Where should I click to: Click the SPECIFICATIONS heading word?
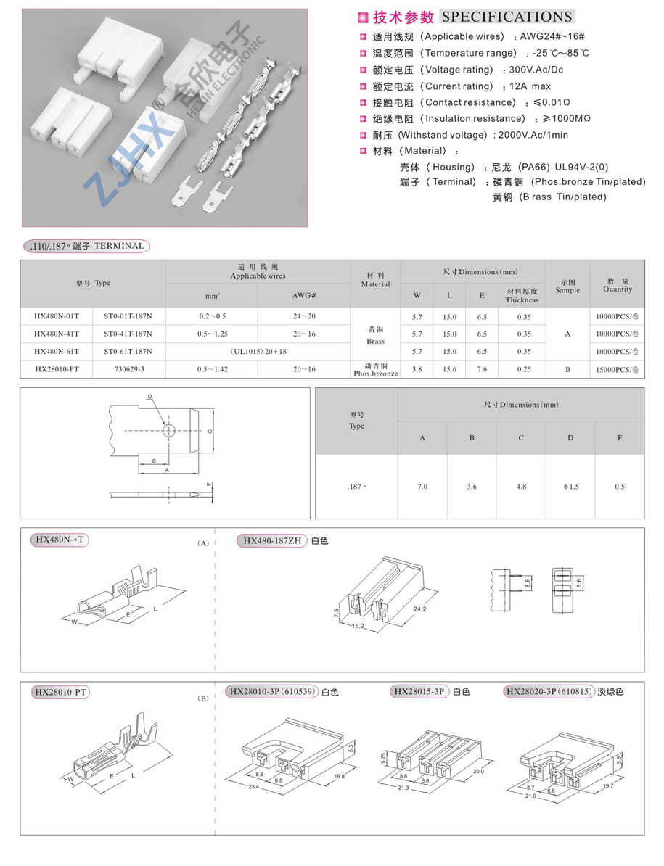point(507,17)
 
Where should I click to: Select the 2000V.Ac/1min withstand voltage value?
point(530,135)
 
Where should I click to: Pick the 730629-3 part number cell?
point(129,370)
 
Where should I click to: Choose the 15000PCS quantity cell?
point(618,370)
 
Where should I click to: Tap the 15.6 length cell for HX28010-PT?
point(450,370)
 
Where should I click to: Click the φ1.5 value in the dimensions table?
point(570,487)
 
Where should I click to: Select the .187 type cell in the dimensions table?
point(356,487)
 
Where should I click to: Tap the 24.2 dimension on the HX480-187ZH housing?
point(420,609)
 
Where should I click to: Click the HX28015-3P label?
point(419,692)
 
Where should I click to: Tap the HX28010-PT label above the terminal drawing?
point(62,693)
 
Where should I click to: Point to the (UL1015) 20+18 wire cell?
point(258,352)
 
